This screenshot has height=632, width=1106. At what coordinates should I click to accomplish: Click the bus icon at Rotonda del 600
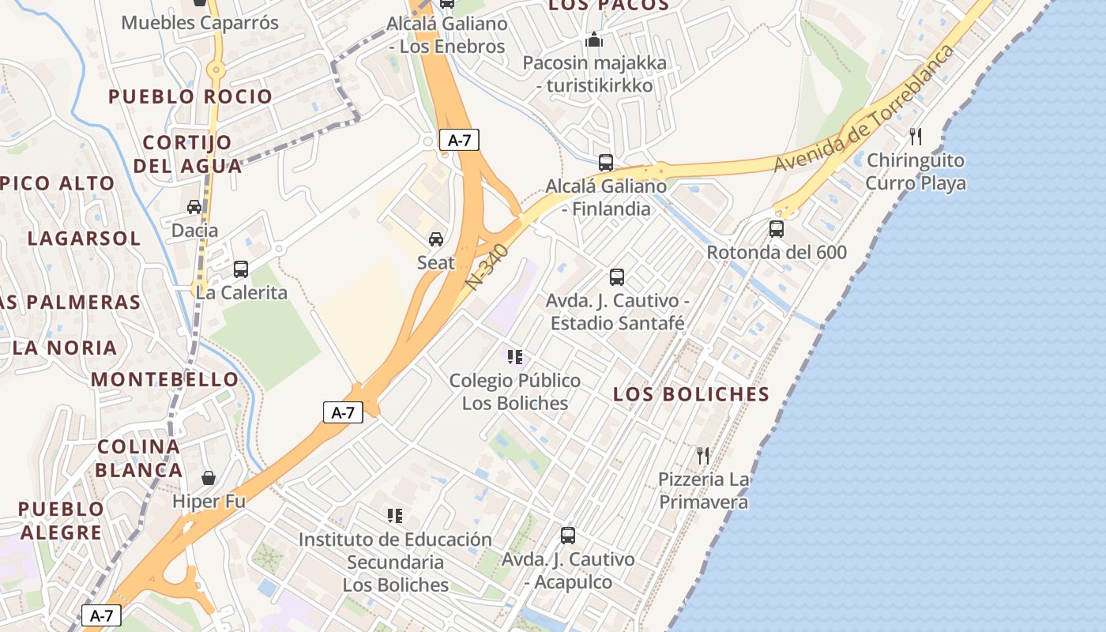(x=777, y=229)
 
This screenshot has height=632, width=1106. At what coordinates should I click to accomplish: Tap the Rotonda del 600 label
(x=777, y=253)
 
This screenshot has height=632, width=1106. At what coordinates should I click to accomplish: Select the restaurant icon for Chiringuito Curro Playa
(x=916, y=136)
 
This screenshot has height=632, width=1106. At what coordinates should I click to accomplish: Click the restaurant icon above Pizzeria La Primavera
(x=702, y=455)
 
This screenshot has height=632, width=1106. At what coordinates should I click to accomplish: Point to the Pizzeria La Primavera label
(x=703, y=491)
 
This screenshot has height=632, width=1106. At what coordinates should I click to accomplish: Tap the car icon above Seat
(x=435, y=239)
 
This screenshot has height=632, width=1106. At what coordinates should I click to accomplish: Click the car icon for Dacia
(x=194, y=207)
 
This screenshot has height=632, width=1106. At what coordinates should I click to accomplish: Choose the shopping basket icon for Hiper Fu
(x=209, y=477)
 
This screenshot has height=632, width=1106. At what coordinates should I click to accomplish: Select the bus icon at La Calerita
(x=241, y=269)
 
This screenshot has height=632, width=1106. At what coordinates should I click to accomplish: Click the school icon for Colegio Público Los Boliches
(x=515, y=357)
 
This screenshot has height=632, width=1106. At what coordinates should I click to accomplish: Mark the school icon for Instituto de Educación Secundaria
(x=395, y=516)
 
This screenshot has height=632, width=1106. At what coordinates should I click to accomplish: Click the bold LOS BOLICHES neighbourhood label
(x=691, y=394)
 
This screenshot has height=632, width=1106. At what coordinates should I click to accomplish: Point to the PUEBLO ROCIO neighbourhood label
(x=190, y=96)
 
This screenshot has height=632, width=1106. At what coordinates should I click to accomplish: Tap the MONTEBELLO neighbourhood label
(x=164, y=379)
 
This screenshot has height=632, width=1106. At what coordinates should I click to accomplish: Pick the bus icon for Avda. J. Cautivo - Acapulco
(x=568, y=536)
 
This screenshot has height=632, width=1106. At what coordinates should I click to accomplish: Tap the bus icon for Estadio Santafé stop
(x=617, y=277)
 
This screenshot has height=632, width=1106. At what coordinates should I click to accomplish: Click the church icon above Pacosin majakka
(x=594, y=39)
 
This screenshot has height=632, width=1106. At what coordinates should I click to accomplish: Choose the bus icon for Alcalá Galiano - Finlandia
(x=606, y=163)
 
